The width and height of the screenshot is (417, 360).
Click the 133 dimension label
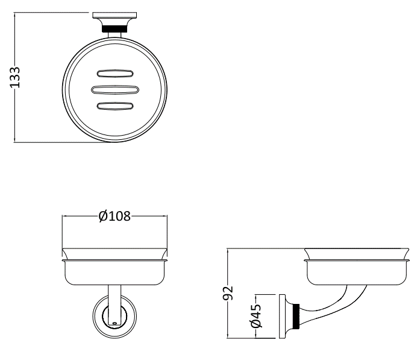15,77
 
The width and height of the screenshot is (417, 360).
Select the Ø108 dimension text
114,216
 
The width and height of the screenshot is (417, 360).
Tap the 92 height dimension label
228,293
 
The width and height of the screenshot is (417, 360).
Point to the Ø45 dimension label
256,316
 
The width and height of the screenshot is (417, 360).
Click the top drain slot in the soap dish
115,74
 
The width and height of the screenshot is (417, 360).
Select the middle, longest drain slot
114,90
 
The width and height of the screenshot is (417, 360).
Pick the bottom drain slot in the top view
115,106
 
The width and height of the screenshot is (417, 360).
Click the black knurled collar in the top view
114,28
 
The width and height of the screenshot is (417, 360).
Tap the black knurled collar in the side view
296,315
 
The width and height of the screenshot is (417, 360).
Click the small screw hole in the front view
114,323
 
